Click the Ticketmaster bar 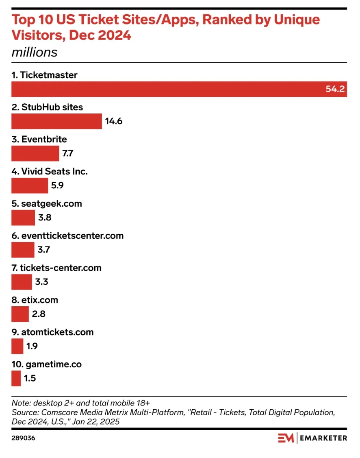[179, 89]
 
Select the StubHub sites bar [56, 121]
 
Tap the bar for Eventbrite [35, 153]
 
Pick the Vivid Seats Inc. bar [30, 185]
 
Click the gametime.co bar [16, 378]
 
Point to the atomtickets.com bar [17, 346]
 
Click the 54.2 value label [335, 89]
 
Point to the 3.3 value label [41, 282]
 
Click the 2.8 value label [39, 314]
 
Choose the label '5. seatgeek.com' [47, 204]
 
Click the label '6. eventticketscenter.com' [67, 236]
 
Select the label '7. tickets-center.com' [56, 268]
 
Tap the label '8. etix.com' [35, 300]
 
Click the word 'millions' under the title [34, 52]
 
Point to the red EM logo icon [286, 438]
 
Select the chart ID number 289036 [23, 438]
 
